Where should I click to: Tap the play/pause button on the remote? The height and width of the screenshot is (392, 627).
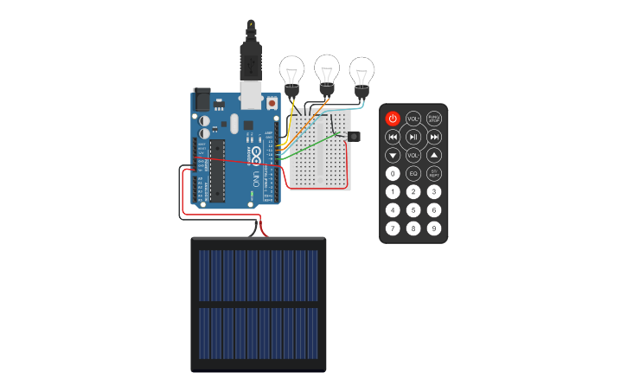tap(413, 137)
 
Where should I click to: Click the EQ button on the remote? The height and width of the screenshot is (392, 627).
tap(413, 173)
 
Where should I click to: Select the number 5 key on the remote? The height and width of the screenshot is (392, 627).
tap(413, 209)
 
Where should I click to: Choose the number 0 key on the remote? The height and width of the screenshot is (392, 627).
tap(393, 173)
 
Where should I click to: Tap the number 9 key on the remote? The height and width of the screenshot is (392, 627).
tap(434, 228)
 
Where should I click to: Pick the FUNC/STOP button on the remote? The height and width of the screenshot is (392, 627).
tap(434, 119)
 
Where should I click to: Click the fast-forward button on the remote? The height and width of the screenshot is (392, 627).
tap(434, 137)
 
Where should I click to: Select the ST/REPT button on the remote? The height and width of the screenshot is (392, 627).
tap(434, 173)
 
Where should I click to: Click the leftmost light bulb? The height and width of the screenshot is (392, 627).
tap(291, 71)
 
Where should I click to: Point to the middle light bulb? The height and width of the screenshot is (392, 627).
tap(327, 70)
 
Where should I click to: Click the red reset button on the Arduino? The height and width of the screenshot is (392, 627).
tap(273, 103)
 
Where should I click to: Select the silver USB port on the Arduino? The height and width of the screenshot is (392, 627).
tap(251, 94)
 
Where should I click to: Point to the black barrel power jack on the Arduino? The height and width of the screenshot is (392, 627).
tap(202, 99)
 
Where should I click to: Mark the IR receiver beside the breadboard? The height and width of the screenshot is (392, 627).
tap(353, 136)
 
